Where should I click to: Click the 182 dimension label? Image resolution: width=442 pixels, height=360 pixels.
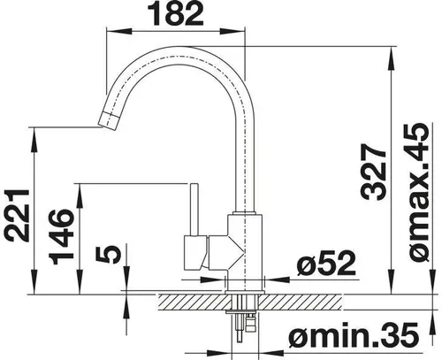click(x=175, y=13)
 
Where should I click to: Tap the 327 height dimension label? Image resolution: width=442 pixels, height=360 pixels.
click(x=373, y=172)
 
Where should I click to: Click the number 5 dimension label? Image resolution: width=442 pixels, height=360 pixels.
click(x=109, y=254)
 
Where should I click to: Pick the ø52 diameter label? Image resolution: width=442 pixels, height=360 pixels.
click(x=326, y=263)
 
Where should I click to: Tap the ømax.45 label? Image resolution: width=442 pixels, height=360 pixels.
click(x=419, y=192)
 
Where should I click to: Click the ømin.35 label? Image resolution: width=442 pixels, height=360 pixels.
click(x=354, y=334)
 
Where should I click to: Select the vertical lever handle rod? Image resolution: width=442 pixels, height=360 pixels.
click(x=194, y=210)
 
